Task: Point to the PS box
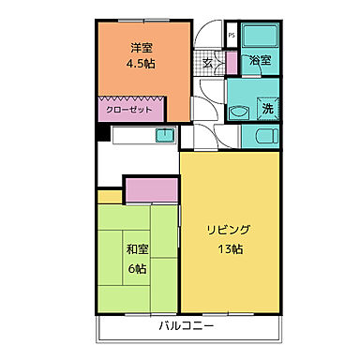[230, 37]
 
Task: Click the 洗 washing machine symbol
[266, 109]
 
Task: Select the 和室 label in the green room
[137, 249]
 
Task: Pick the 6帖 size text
[138, 269]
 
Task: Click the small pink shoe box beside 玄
[232, 64]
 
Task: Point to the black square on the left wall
[102, 133]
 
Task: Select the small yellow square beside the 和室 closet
[110, 196]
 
